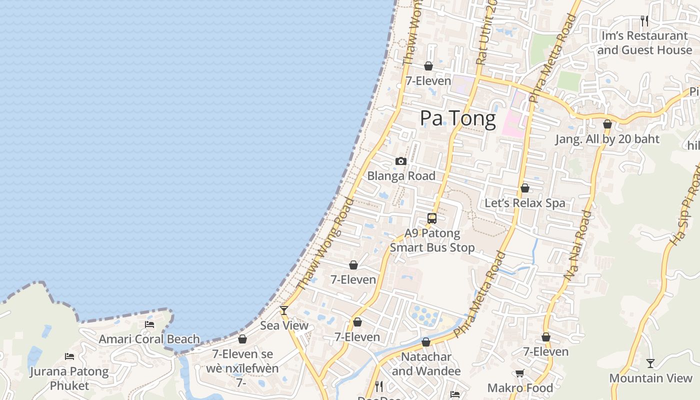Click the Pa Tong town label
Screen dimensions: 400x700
(x=457, y=118)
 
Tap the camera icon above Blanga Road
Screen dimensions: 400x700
(x=400, y=161)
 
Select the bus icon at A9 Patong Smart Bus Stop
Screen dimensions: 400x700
(x=432, y=218)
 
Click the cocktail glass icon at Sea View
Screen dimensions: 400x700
(x=284, y=310)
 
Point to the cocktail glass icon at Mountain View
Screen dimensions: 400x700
(x=650, y=363)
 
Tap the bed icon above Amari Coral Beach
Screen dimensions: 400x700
(x=149, y=324)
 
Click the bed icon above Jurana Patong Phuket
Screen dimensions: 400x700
(x=69, y=356)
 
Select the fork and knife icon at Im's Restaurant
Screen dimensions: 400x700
(x=644, y=21)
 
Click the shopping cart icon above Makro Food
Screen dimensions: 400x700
(x=520, y=373)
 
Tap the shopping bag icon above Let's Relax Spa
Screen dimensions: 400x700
(x=524, y=188)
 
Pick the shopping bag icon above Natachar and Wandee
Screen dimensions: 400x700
(x=425, y=342)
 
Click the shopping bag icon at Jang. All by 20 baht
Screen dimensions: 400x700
(x=607, y=124)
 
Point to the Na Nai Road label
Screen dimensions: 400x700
(x=578, y=245)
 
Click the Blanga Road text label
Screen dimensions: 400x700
(x=401, y=176)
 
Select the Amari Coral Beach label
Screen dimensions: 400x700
(x=149, y=339)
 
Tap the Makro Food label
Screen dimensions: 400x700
(x=520, y=388)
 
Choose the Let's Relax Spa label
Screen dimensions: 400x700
(x=524, y=203)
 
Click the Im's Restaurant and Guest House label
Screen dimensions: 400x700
(x=644, y=43)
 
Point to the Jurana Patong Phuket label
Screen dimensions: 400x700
(x=69, y=378)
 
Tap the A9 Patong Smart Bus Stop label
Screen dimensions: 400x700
(x=432, y=240)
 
